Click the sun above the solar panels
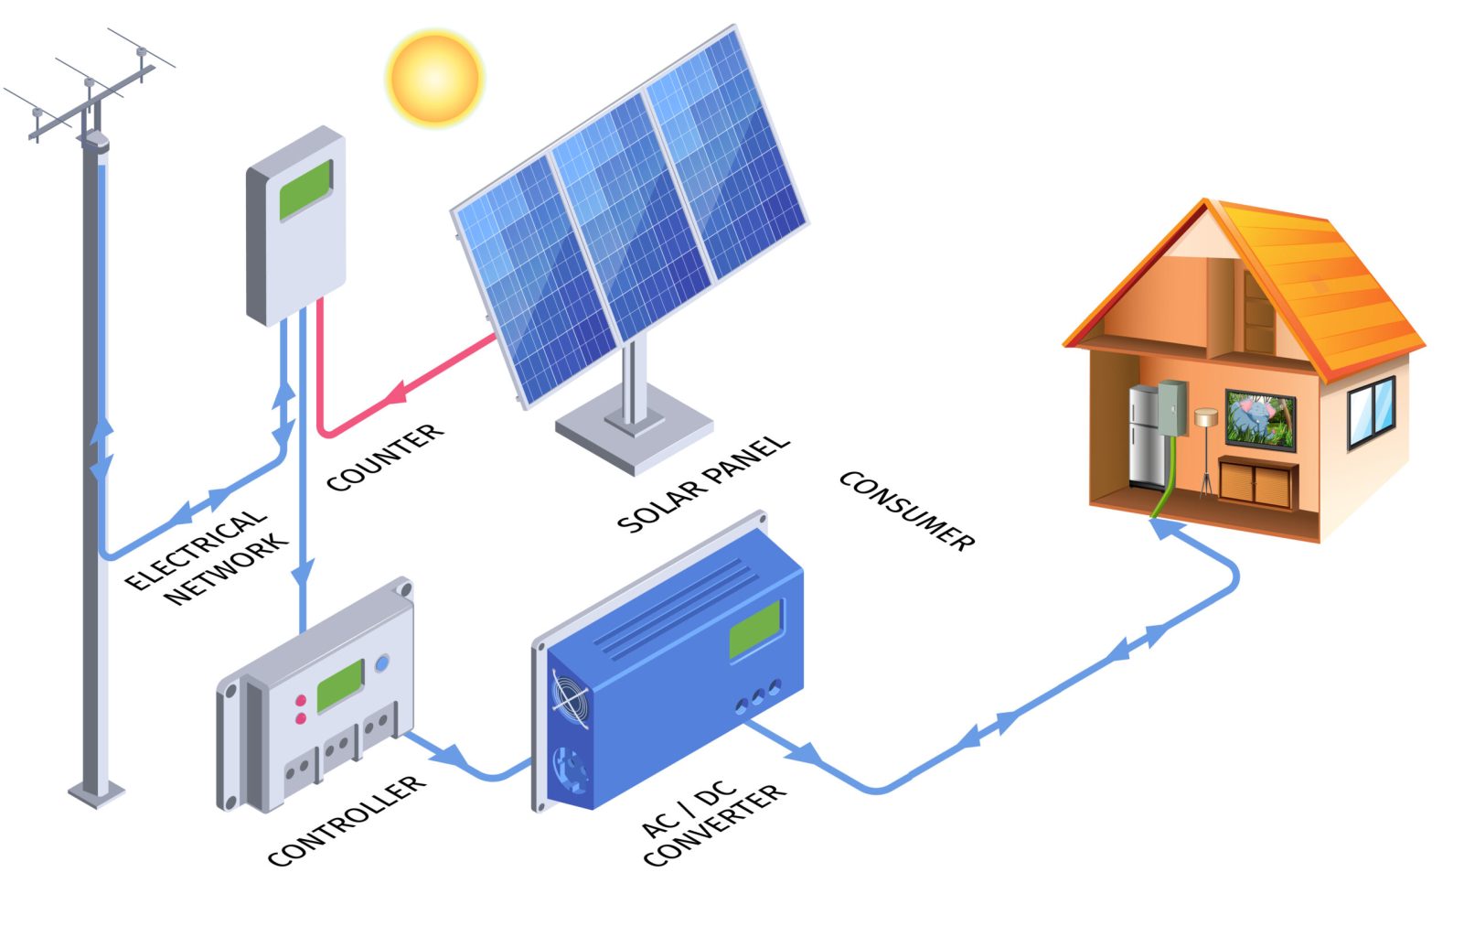point(434,78)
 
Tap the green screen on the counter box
point(305,189)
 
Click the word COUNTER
point(385,457)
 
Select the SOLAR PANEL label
point(702,482)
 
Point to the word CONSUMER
point(906,511)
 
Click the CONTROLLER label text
point(347,821)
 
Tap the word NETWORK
point(226,568)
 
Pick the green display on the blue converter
point(755,629)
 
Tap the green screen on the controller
point(340,685)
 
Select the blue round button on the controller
point(382,663)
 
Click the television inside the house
point(1261,420)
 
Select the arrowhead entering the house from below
point(1163,528)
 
